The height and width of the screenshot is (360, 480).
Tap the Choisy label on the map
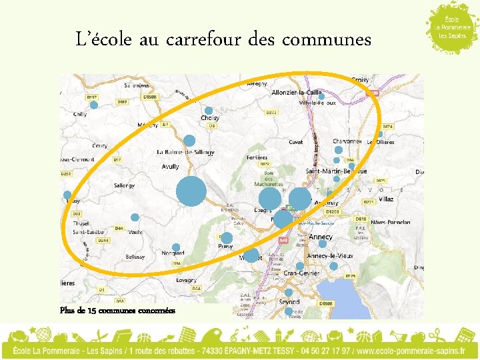[x=210, y=118]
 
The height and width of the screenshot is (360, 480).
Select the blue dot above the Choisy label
[x=209, y=110]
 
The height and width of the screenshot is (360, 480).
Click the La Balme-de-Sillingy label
[x=186, y=152]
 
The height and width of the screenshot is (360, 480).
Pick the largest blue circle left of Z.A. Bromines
[x=191, y=191]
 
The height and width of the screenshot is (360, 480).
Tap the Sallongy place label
[x=124, y=185]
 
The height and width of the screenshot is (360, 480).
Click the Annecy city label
[x=321, y=237]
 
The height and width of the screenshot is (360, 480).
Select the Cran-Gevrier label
[x=301, y=273]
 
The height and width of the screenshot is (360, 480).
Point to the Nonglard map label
[x=173, y=253]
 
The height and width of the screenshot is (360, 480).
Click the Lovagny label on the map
[x=186, y=281]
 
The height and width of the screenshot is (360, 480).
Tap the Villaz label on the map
[x=385, y=199]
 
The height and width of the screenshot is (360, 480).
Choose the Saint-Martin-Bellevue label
[x=336, y=171]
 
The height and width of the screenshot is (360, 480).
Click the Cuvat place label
[x=295, y=142]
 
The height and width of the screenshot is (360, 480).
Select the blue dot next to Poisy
[x=227, y=238]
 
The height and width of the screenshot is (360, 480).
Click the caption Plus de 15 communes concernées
[x=117, y=311]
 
